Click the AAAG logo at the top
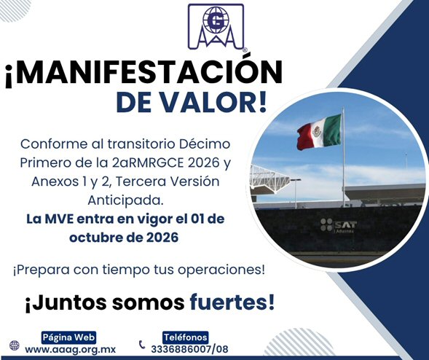(x=216, y=27)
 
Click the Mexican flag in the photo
(x=319, y=132)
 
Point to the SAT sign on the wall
(x=339, y=226)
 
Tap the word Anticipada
(x=125, y=200)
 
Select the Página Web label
(x=68, y=337)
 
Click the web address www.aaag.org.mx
(x=71, y=350)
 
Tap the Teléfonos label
(x=186, y=337)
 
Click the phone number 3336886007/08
(x=189, y=349)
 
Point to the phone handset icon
(x=142, y=345)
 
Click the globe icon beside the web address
(x=15, y=345)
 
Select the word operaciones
(x=221, y=270)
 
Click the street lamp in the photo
(x=296, y=192)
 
